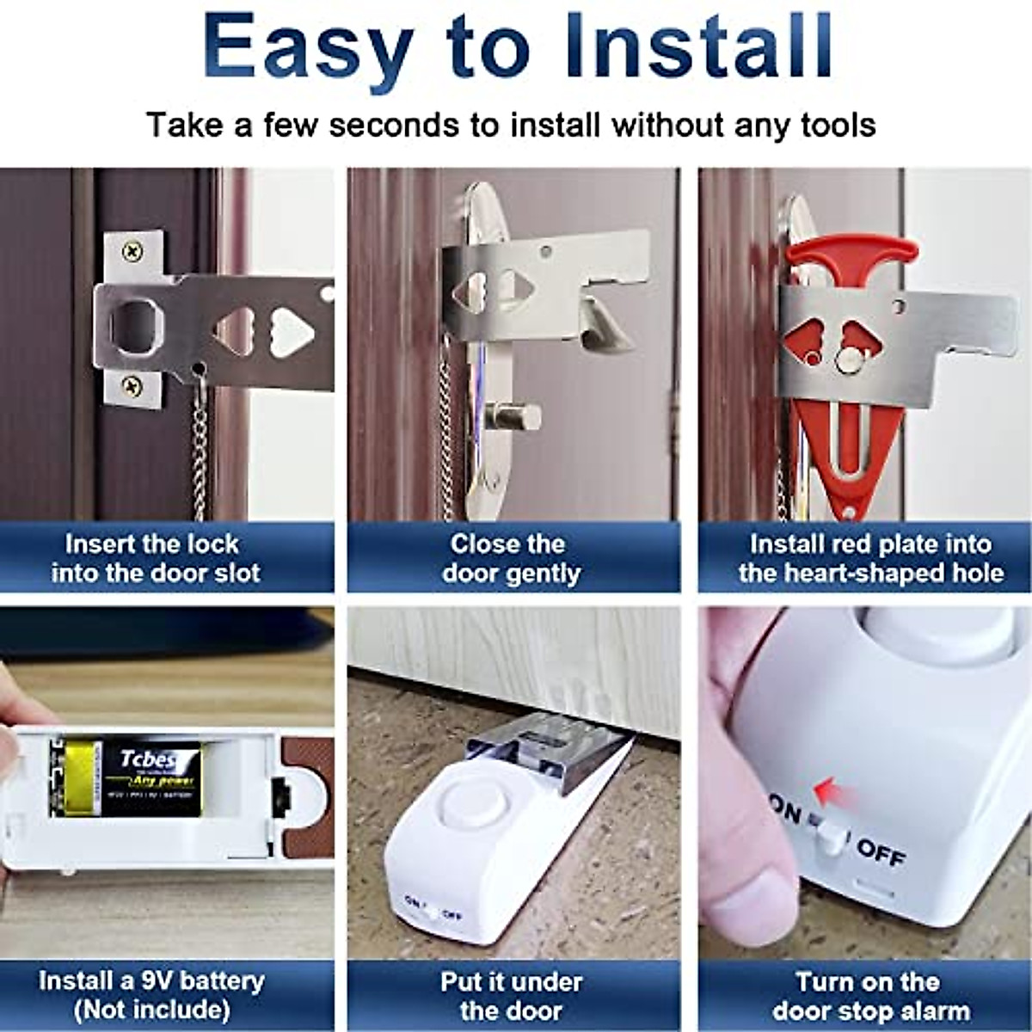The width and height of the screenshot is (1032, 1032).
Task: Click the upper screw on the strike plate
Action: point(131,252)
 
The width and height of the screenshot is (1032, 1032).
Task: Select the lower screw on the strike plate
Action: point(131,384)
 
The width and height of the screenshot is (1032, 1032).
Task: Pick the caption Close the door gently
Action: point(512,559)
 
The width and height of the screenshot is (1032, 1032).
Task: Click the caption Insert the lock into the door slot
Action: point(155,559)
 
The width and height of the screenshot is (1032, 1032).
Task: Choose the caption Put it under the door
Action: point(512,995)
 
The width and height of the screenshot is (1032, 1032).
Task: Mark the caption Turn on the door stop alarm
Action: point(869,995)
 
